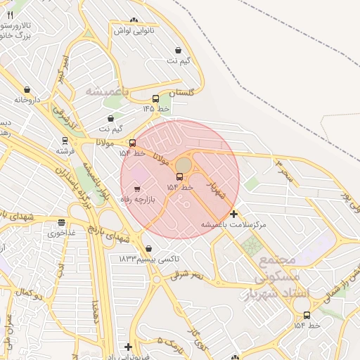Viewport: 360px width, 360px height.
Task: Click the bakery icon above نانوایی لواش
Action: tap(134, 20)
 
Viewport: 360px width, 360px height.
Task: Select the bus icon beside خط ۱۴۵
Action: tap(155, 99)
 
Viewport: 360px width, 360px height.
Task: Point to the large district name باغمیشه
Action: tap(109, 91)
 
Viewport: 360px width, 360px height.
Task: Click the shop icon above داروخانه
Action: tap(27, 90)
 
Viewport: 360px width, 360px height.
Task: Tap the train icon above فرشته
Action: tap(65, 141)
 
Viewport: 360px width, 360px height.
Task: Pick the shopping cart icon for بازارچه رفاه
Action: tap(136, 188)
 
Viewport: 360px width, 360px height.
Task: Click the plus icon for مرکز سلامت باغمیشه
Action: tap(233, 214)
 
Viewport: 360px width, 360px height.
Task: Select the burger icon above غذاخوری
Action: tap(61, 223)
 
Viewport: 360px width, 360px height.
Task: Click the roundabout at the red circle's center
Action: tap(181, 165)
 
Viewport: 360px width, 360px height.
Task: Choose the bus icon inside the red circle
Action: tap(179, 176)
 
